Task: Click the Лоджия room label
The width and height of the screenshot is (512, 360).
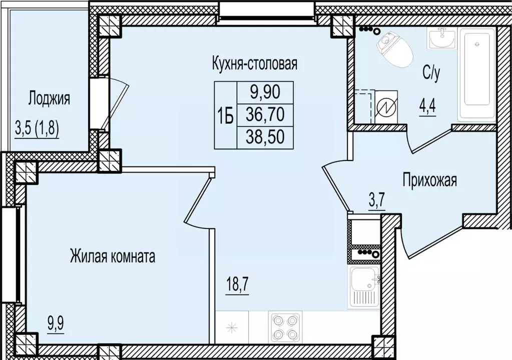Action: pyautogui.click(x=49, y=98)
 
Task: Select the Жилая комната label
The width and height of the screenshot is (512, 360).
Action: pyautogui.click(x=113, y=257)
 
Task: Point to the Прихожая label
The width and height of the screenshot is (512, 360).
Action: pyautogui.click(x=430, y=180)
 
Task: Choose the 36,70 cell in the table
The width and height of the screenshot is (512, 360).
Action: pyautogui.click(x=265, y=115)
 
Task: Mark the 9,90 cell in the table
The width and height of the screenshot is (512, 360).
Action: pyautogui.click(x=265, y=92)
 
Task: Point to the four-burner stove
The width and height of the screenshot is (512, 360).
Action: pyautogui.click(x=284, y=327)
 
